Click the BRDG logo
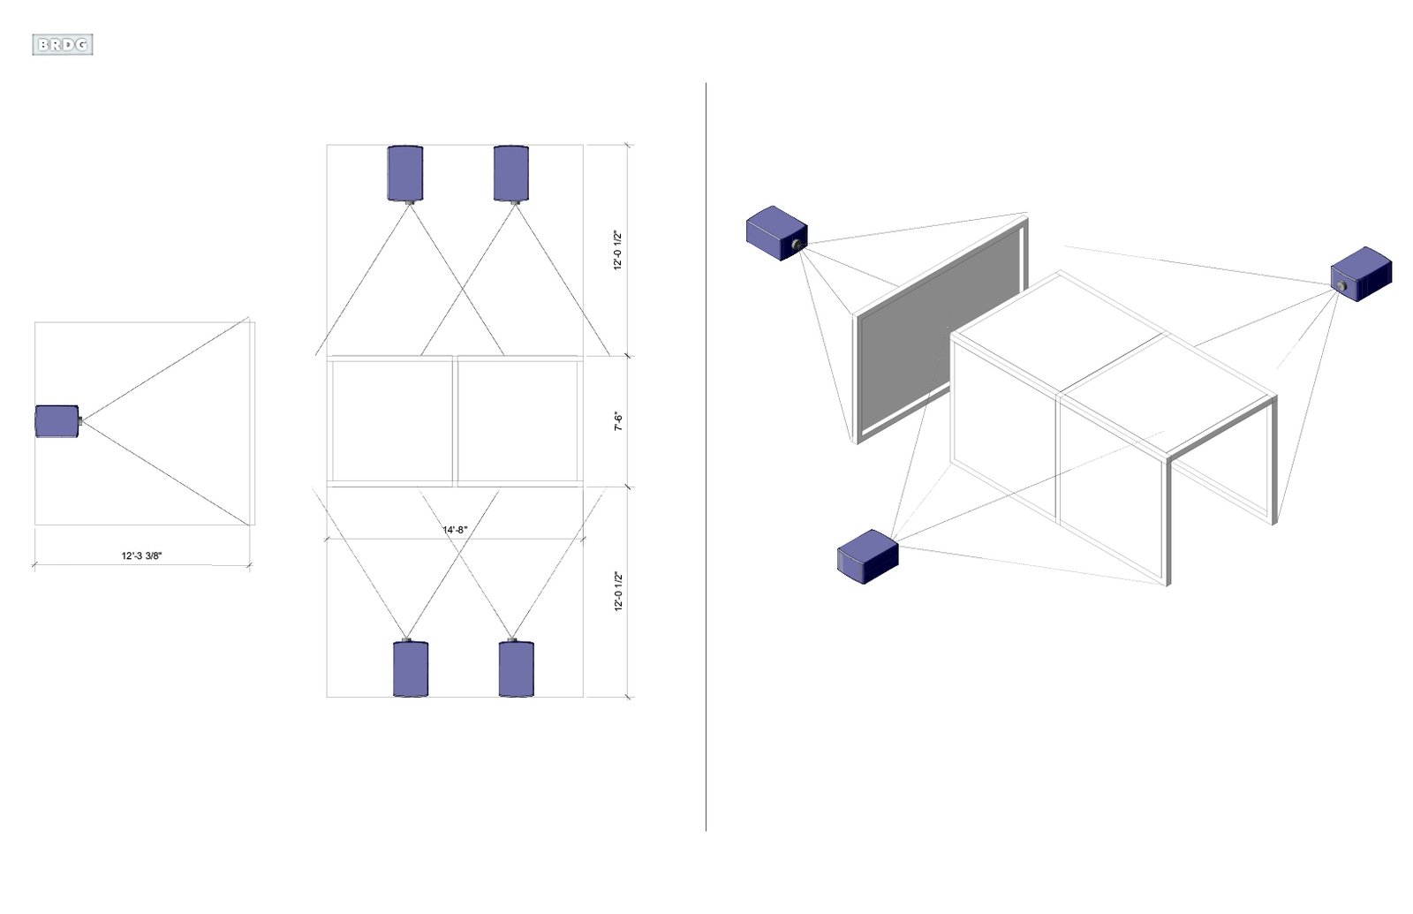(63, 45)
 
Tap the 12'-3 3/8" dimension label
(142, 555)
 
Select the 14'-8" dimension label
(455, 530)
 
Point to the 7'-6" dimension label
(619, 422)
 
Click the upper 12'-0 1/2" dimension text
(618, 251)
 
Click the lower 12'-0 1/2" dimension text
(618, 591)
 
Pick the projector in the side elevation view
(58, 420)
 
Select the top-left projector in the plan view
(405, 174)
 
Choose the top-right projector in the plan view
(511, 174)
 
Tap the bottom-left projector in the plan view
(411, 668)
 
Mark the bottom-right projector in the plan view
(517, 668)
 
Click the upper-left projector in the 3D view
(776, 233)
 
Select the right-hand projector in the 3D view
(1361, 274)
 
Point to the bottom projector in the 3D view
(867, 556)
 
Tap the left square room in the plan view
(391, 420)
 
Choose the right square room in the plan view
(518, 420)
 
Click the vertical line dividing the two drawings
(706, 457)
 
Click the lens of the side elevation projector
(80, 420)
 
